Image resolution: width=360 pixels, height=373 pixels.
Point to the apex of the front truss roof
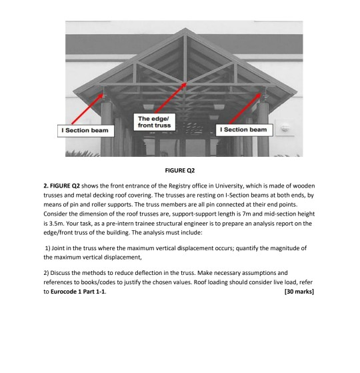[x=184, y=28]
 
